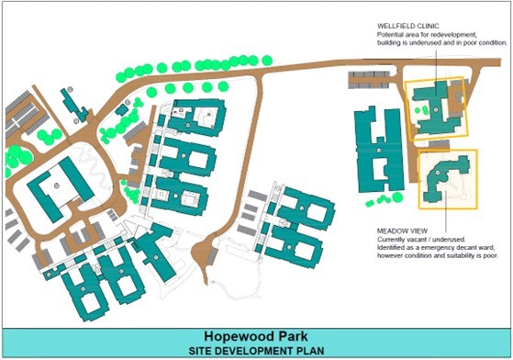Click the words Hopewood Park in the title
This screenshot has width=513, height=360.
[256, 337]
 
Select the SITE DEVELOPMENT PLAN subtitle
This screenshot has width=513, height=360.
[256, 350]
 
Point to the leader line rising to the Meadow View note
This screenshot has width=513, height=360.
[444, 213]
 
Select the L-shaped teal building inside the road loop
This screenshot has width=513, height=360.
[57, 185]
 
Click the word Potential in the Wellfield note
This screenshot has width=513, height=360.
[390, 34]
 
